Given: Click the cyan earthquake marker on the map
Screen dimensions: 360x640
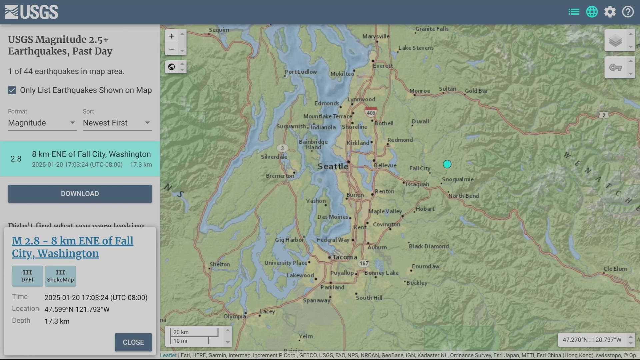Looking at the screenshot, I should [x=447, y=164].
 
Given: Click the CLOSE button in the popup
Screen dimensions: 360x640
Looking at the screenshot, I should [x=133, y=342].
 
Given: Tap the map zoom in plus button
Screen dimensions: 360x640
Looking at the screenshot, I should [x=172, y=36].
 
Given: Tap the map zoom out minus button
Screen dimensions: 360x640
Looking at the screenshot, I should [x=172, y=49].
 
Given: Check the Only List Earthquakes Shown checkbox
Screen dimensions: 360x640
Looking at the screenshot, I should [x=12, y=90].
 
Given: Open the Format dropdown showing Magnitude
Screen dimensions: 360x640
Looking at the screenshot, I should [x=42, y=123].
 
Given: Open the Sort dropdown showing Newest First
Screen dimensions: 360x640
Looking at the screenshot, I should [x=117, y=123].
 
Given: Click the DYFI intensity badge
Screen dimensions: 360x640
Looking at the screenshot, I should [x=27, y=276].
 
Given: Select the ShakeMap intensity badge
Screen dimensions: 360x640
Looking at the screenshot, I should [x=60, y=276].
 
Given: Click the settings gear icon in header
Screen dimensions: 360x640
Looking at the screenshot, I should [x=610, y=12].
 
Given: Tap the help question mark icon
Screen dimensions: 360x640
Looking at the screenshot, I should [x=628, y=12].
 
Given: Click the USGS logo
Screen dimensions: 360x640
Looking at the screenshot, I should [x=31, y=12].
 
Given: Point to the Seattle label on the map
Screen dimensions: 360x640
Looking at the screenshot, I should [x=332, y=166].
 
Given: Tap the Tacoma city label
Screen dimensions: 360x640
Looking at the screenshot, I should [x=345, y=257].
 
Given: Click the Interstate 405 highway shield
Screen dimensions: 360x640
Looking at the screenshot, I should [x=371, y=112].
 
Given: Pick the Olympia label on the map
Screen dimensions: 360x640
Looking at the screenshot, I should [x=235, y=316].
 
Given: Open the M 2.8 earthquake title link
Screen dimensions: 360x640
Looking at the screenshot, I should [x=72, y=247].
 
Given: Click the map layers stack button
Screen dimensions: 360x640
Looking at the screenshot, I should [x=615, y=41].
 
